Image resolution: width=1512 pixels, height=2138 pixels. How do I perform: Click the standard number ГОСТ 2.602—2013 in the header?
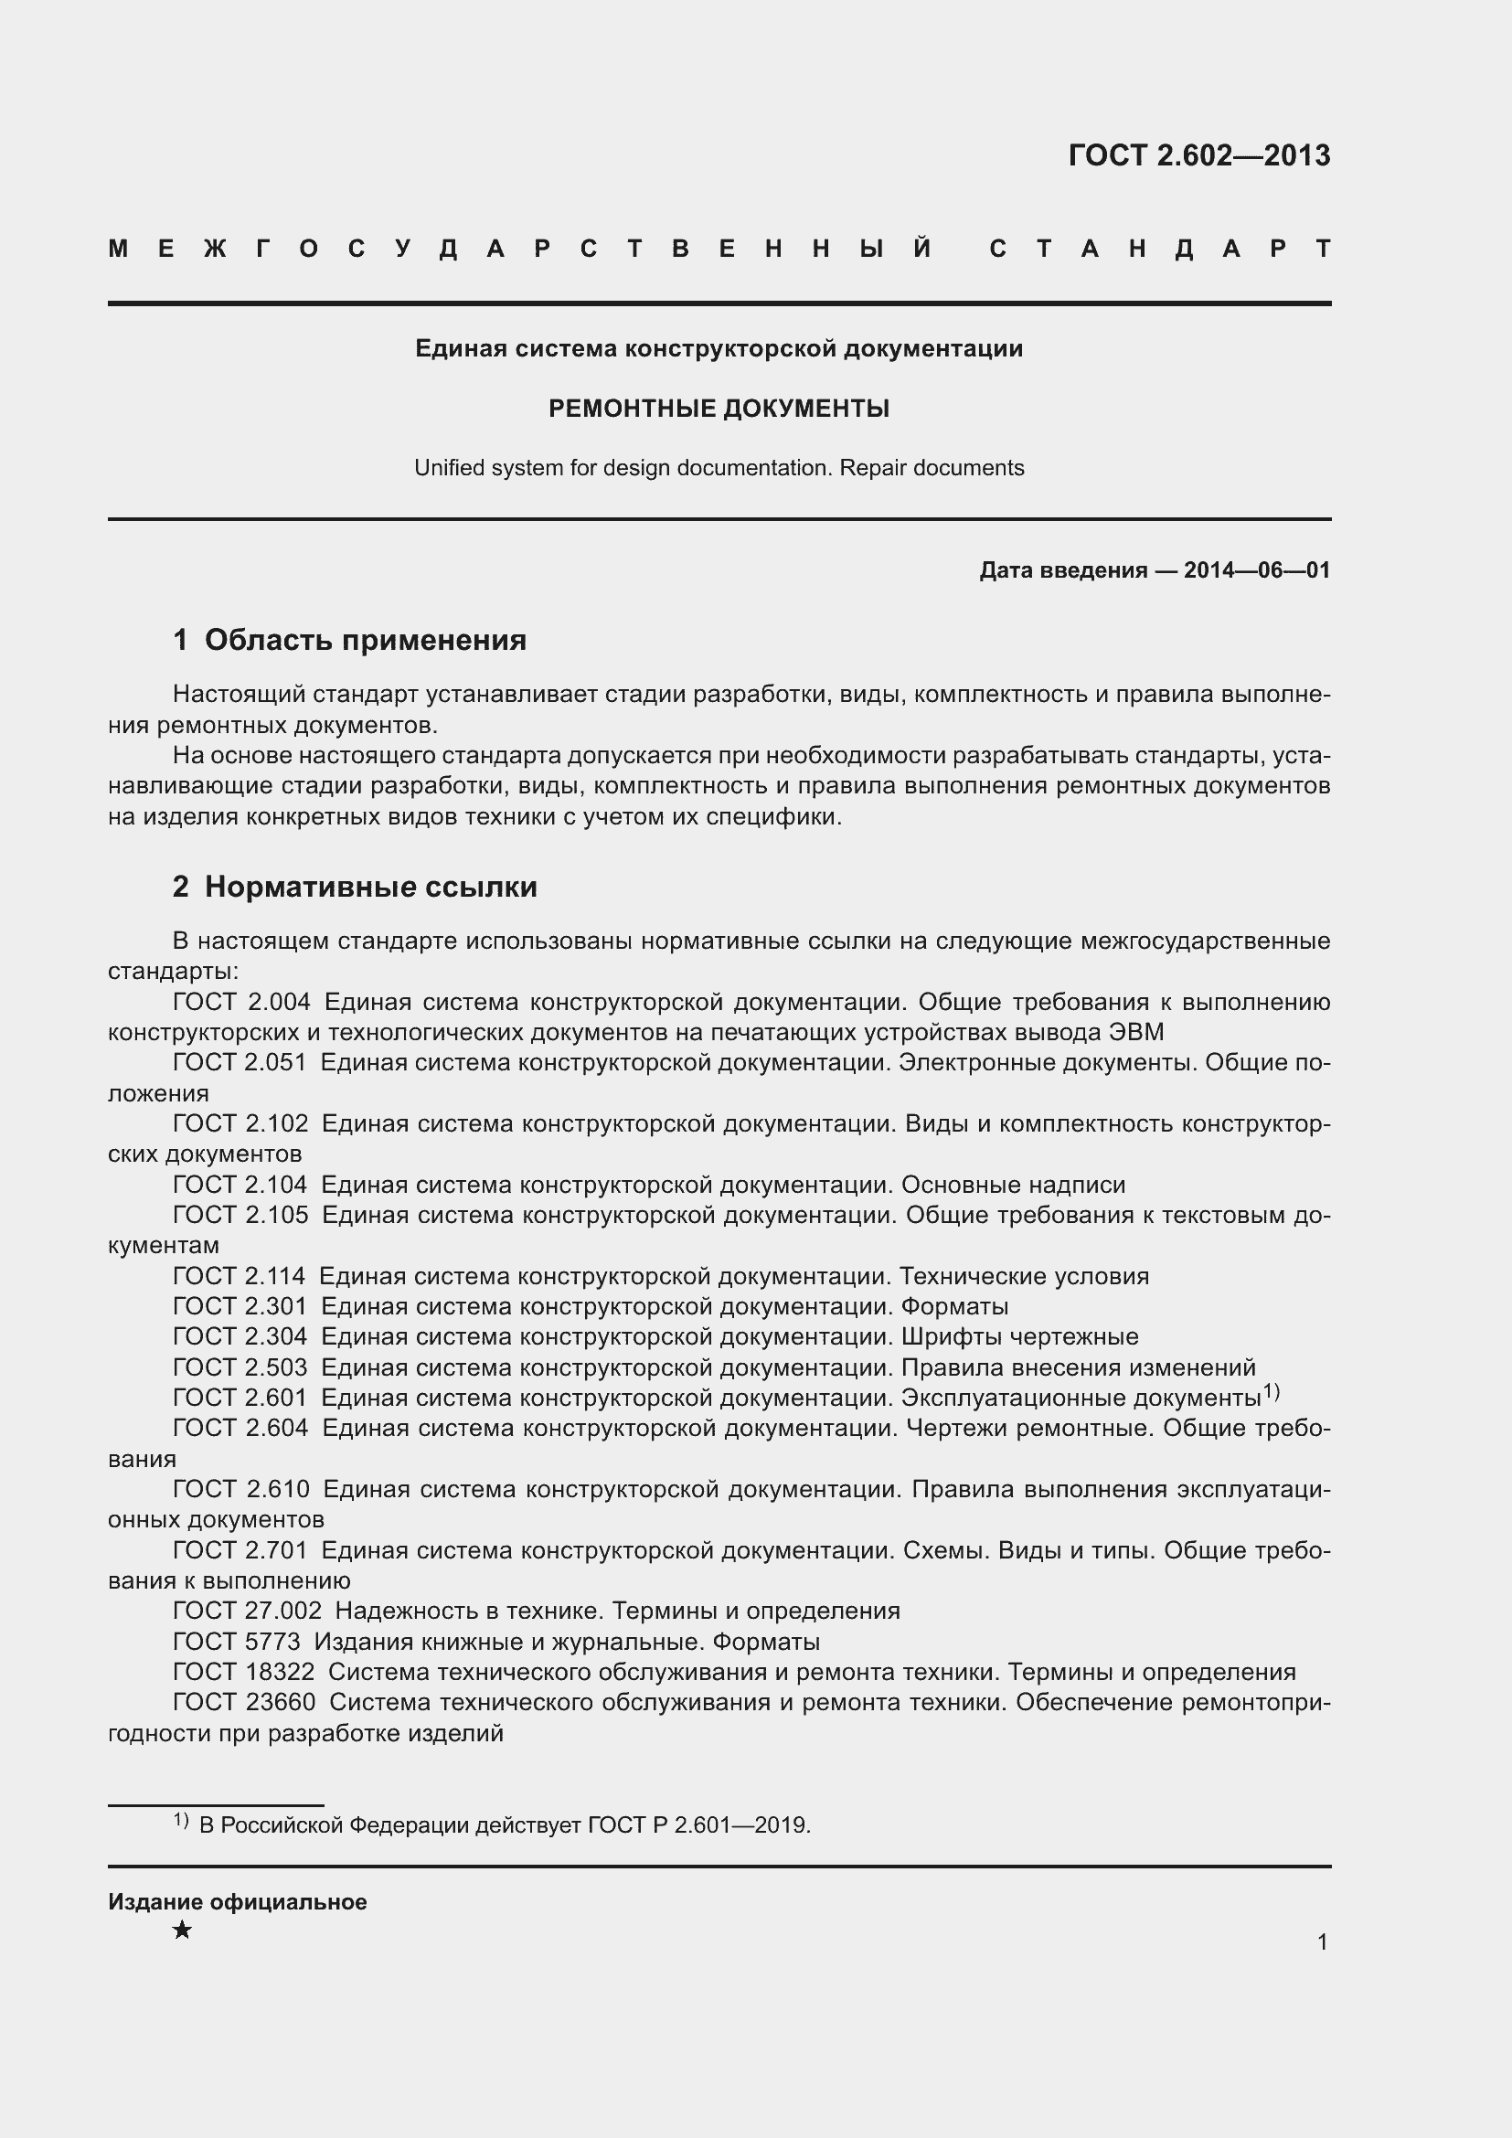1198,155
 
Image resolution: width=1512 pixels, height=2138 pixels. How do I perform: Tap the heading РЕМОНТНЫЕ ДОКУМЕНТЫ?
719,409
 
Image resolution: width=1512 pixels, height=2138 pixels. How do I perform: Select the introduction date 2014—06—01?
1256,569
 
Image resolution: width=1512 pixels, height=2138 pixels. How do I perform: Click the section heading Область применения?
365,640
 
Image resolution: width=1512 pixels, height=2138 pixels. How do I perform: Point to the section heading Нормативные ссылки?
370,887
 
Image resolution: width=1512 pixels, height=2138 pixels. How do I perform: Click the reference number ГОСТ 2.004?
241,1002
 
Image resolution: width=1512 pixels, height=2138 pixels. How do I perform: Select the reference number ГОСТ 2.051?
240,1062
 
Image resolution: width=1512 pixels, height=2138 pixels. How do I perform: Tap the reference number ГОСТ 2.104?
240,1185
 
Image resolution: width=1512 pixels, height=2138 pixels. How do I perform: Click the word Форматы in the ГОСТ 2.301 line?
954,1306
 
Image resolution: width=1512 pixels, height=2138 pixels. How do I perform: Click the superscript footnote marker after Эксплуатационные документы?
1271,1392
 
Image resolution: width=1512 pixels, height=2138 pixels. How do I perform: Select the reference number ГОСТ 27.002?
247,1611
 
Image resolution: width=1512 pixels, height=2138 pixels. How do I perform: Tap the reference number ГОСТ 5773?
237,1642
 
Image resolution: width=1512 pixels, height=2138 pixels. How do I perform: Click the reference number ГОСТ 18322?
243,1673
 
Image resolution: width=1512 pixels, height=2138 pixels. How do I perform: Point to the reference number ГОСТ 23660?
244,1702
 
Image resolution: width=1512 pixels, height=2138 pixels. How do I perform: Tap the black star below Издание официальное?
183,1931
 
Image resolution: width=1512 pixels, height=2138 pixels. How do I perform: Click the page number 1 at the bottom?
1322,1941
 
